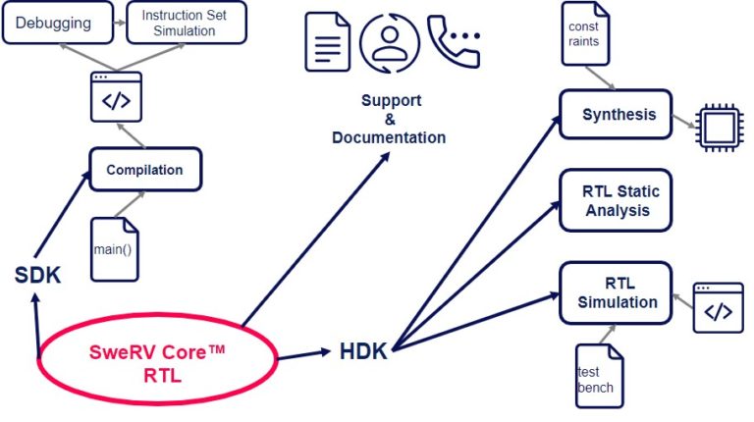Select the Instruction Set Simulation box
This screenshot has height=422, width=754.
tap(187, 23)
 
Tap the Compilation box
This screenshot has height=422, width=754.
tap(145, 170)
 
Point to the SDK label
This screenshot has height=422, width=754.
tap(38, 276)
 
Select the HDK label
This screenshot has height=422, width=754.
tap(363, 351)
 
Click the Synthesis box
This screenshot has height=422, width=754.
tap(616, 115)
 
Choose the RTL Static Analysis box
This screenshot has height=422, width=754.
tap(616, 200)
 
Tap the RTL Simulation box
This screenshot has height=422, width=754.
tap(616, 292)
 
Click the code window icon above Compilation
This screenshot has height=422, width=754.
tap(117, 96)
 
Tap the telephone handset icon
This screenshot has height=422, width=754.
tap(452, 39)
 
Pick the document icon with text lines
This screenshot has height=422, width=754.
tap(328, 41)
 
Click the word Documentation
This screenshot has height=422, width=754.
tap(389, 137)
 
